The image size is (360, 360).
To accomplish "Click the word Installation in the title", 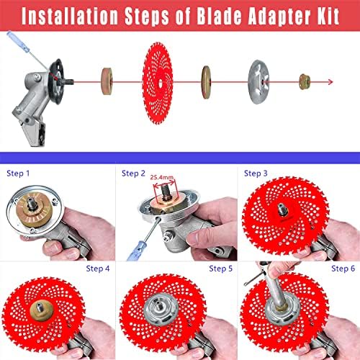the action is (x=70, y=16).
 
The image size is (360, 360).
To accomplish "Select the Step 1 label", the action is (x=18, y=174).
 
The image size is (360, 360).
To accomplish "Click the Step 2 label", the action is (x=133, y=174).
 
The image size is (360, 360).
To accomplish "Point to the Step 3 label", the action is (x=256, y=174).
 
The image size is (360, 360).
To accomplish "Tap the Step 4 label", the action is (x=98, y=269).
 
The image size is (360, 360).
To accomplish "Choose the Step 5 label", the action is (x=220, y=269).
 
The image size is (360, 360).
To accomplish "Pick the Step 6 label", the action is (x=343, y=269).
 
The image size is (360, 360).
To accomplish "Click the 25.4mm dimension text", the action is (x=162, y=177).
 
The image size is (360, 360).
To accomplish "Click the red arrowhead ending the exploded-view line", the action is (x=330, y=82).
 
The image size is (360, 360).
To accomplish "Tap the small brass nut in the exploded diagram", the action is (x=305, y=82).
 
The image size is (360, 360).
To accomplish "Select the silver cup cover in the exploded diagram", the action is (x=258, y=82).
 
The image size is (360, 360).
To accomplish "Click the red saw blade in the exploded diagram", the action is (x=158, y=83).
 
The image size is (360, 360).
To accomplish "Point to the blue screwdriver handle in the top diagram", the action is (x=18, y=42).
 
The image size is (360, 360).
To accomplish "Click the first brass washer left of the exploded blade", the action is (x=107, y=81).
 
